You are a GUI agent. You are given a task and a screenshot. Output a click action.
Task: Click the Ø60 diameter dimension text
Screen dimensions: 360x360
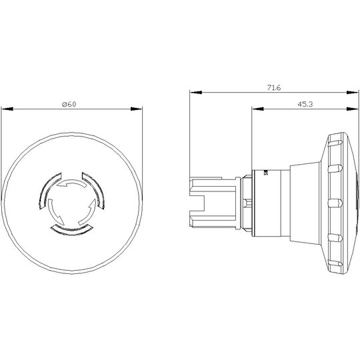click(x=69, y=105)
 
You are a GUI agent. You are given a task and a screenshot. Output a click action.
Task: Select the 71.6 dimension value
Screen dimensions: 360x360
click(x=274, y=88)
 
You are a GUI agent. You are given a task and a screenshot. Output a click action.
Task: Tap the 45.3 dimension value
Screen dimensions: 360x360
click(x=305, y=104)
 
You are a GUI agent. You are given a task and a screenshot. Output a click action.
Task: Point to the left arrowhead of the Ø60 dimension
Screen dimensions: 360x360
click(x=7, y=109)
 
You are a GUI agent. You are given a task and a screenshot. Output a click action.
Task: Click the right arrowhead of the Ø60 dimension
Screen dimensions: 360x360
click(x=137, y=109)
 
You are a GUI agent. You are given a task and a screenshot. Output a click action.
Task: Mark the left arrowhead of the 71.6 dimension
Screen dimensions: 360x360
click(x=196, y=92)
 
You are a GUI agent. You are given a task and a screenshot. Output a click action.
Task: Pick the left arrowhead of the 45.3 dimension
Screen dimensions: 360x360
click(x=257, y=109)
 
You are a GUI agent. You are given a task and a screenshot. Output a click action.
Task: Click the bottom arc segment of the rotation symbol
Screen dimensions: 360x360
click(x=71, y=230)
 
